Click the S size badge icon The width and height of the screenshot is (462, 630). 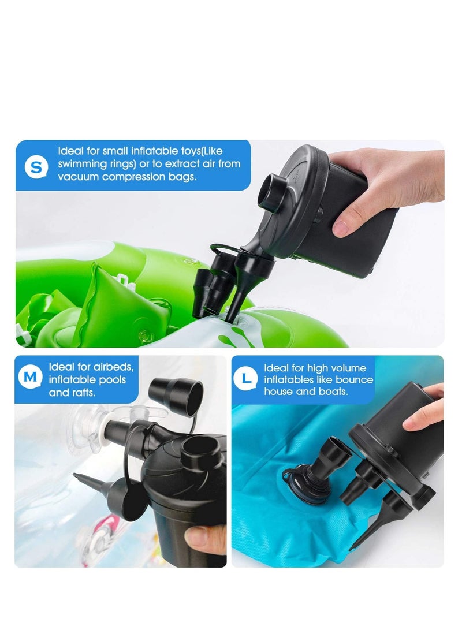click(36, 167)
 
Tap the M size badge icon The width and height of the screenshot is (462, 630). click(31, 377)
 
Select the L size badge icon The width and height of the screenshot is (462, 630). click(245, 378)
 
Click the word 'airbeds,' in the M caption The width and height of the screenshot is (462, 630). click(113, 367)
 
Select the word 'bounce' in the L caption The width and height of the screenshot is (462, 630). click(355, 380)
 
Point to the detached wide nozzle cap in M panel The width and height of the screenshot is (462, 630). click(177, 392)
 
